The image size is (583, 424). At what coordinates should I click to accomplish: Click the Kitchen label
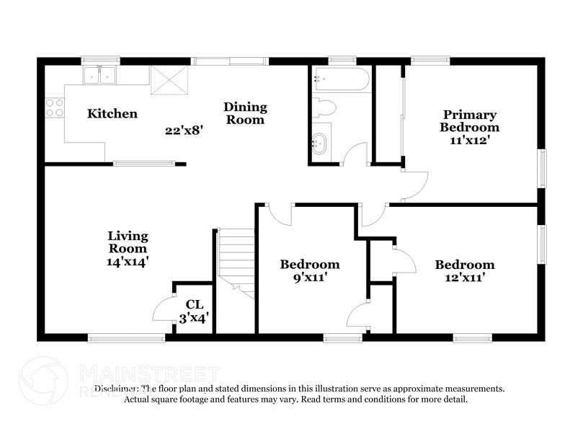coord(112,113)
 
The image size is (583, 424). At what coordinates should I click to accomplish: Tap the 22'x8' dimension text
coord(179,131)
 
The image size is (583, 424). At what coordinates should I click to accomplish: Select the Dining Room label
coord(245,113)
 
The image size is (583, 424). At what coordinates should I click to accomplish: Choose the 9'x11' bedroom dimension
coord(309,278)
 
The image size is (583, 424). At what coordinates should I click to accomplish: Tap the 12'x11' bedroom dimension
coord(464,278)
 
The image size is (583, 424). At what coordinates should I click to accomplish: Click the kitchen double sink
coord(100,74)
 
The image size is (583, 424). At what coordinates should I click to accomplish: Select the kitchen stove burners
coord(54,107)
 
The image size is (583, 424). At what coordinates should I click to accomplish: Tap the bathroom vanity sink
coord(319,142)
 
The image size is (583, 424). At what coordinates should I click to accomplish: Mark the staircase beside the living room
coord(237,262)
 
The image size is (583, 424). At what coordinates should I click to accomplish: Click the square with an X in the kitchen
coord(167,81)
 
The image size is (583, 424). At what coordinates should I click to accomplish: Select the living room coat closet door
coord(164,308)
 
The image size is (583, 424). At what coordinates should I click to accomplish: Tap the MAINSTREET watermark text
coord(147,374)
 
